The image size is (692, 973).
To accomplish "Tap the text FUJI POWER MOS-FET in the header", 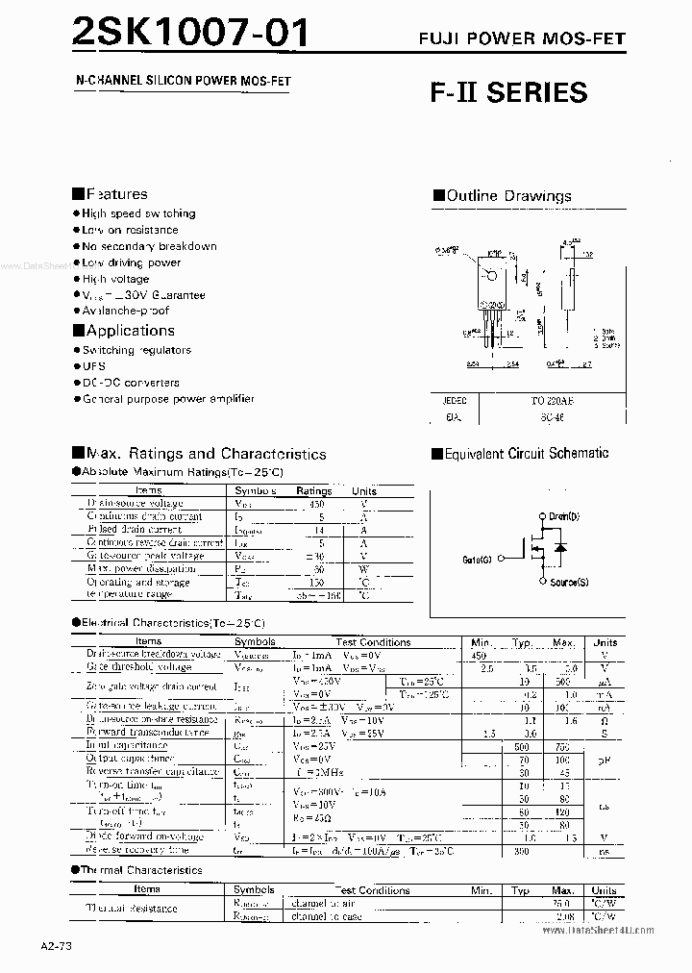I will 521,38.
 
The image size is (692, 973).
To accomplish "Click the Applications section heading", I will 130,331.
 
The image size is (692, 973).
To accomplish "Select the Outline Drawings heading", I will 508,196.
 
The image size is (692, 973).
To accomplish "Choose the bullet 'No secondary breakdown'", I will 149,246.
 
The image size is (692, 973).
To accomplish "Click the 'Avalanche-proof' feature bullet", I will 125,311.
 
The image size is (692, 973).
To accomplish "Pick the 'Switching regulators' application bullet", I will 136,350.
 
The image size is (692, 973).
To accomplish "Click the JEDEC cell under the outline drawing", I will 455,398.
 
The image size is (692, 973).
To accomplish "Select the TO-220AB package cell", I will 553,398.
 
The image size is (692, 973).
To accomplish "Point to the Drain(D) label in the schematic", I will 563,516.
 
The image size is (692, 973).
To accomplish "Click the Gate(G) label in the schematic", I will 477,559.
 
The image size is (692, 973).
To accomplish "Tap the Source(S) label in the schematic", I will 568,583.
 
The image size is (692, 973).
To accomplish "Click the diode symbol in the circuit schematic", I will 561,547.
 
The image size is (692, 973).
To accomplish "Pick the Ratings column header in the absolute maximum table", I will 313,490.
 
